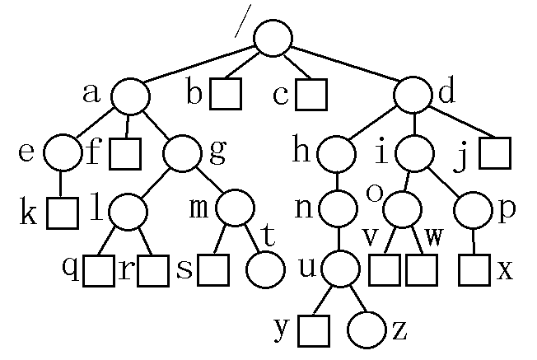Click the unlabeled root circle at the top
(x=273, y=38)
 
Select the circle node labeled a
(x=130, y=96)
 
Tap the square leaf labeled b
(x=226, y=94)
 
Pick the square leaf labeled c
(x=311, y=95)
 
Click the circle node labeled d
(x=413, y=95)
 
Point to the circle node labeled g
(x=182, y=153)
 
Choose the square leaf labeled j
(x=495, y=153)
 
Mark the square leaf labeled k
(x=63, y=213)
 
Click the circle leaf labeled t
(x=265, y=270)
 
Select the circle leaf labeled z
(x=367, y=330)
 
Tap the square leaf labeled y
(x=314, y=331)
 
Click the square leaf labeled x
(x=474, y=270)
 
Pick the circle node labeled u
(x=340, y=269)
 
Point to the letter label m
(x=198, y=208)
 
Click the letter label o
(x=374, y=193)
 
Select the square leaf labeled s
(x=213, y=270)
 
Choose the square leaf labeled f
(x=125, y=154)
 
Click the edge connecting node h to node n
(x=337, y=181)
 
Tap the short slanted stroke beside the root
(x=243, y=21)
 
